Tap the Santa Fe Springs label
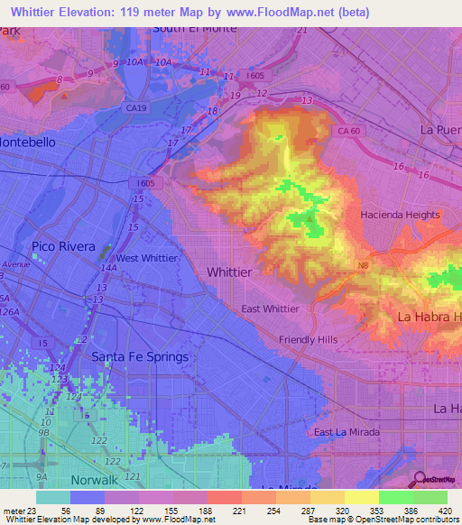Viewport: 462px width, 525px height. [x=140, y=356]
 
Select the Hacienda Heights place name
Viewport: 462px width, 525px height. [x=400, y=215]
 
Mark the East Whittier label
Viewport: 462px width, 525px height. [x=271, y=309]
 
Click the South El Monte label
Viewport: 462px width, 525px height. [x=195, y=28]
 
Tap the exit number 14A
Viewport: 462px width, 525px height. [x=108, y=268]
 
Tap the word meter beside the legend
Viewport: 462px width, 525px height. [x=15, y=511]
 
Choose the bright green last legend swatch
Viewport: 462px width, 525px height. [x=430, y=497]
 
